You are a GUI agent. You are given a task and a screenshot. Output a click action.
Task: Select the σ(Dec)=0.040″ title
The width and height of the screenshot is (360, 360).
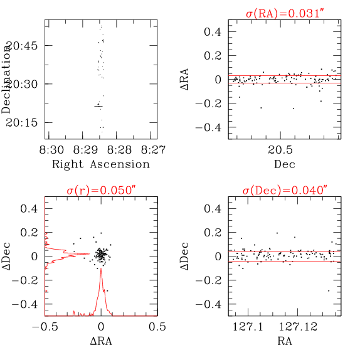(284, 190)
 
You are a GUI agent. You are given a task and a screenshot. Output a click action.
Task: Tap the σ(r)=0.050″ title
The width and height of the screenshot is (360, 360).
(101, 190)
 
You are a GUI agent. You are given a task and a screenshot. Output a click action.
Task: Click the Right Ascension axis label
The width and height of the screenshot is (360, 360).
(101, 164)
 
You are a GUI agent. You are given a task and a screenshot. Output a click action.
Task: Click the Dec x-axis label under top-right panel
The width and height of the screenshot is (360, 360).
(284, 164)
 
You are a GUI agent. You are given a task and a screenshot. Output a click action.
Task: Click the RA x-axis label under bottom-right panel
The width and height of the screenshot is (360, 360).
(284, 342)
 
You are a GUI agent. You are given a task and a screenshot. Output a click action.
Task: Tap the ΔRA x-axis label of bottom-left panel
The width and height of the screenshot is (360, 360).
(101, 342)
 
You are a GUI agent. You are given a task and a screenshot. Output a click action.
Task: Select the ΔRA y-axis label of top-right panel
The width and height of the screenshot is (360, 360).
(203, 79)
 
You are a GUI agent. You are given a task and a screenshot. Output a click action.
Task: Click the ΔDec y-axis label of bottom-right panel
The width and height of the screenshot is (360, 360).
(203, 256)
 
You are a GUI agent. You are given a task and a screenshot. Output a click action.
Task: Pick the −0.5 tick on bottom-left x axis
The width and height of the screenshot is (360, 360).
(45, 327)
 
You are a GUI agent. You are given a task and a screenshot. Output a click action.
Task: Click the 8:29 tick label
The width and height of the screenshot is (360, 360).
(86, 150)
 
